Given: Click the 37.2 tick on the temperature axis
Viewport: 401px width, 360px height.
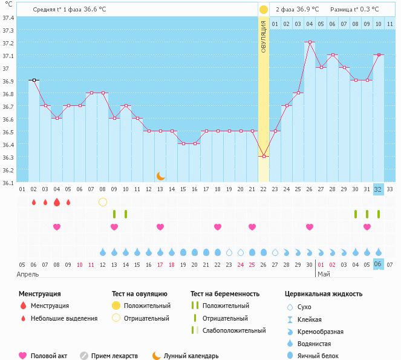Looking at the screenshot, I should [8, 43].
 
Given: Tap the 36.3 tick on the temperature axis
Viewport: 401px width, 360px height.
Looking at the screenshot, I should [8, 157].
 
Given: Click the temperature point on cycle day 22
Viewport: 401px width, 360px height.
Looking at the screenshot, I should [263, 156].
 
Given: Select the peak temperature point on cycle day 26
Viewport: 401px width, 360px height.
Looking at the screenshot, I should [310, 42].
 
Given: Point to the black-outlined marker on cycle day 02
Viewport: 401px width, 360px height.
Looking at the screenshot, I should [34, 80].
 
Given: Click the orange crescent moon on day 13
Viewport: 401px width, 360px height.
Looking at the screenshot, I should [160, 176].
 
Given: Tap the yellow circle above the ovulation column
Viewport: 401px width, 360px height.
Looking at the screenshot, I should [263, 10].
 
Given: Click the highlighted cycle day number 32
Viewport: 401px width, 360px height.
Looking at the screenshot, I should [378, 189].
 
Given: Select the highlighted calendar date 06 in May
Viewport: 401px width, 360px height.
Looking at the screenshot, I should [378, 264].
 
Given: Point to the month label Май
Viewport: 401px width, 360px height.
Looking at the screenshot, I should [324, 274].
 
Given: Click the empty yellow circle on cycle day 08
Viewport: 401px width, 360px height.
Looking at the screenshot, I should [103, 201].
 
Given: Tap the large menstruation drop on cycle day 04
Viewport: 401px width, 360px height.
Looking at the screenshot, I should [57, 201].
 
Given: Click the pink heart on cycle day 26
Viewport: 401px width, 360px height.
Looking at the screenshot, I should [310, 227].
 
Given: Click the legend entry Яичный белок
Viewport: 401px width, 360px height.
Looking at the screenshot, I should [322, 356].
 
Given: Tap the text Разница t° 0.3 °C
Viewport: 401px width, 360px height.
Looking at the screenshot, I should [354, 10].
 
